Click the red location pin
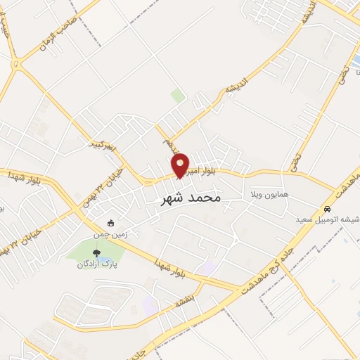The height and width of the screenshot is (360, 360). click(181, 165)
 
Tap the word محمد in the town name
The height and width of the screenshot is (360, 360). click(205, 198)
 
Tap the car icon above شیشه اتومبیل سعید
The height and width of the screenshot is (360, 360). click(328, 209)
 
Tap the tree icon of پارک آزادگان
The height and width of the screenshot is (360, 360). click(96, 253)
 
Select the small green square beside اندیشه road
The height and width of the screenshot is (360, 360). click(178, 96)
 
